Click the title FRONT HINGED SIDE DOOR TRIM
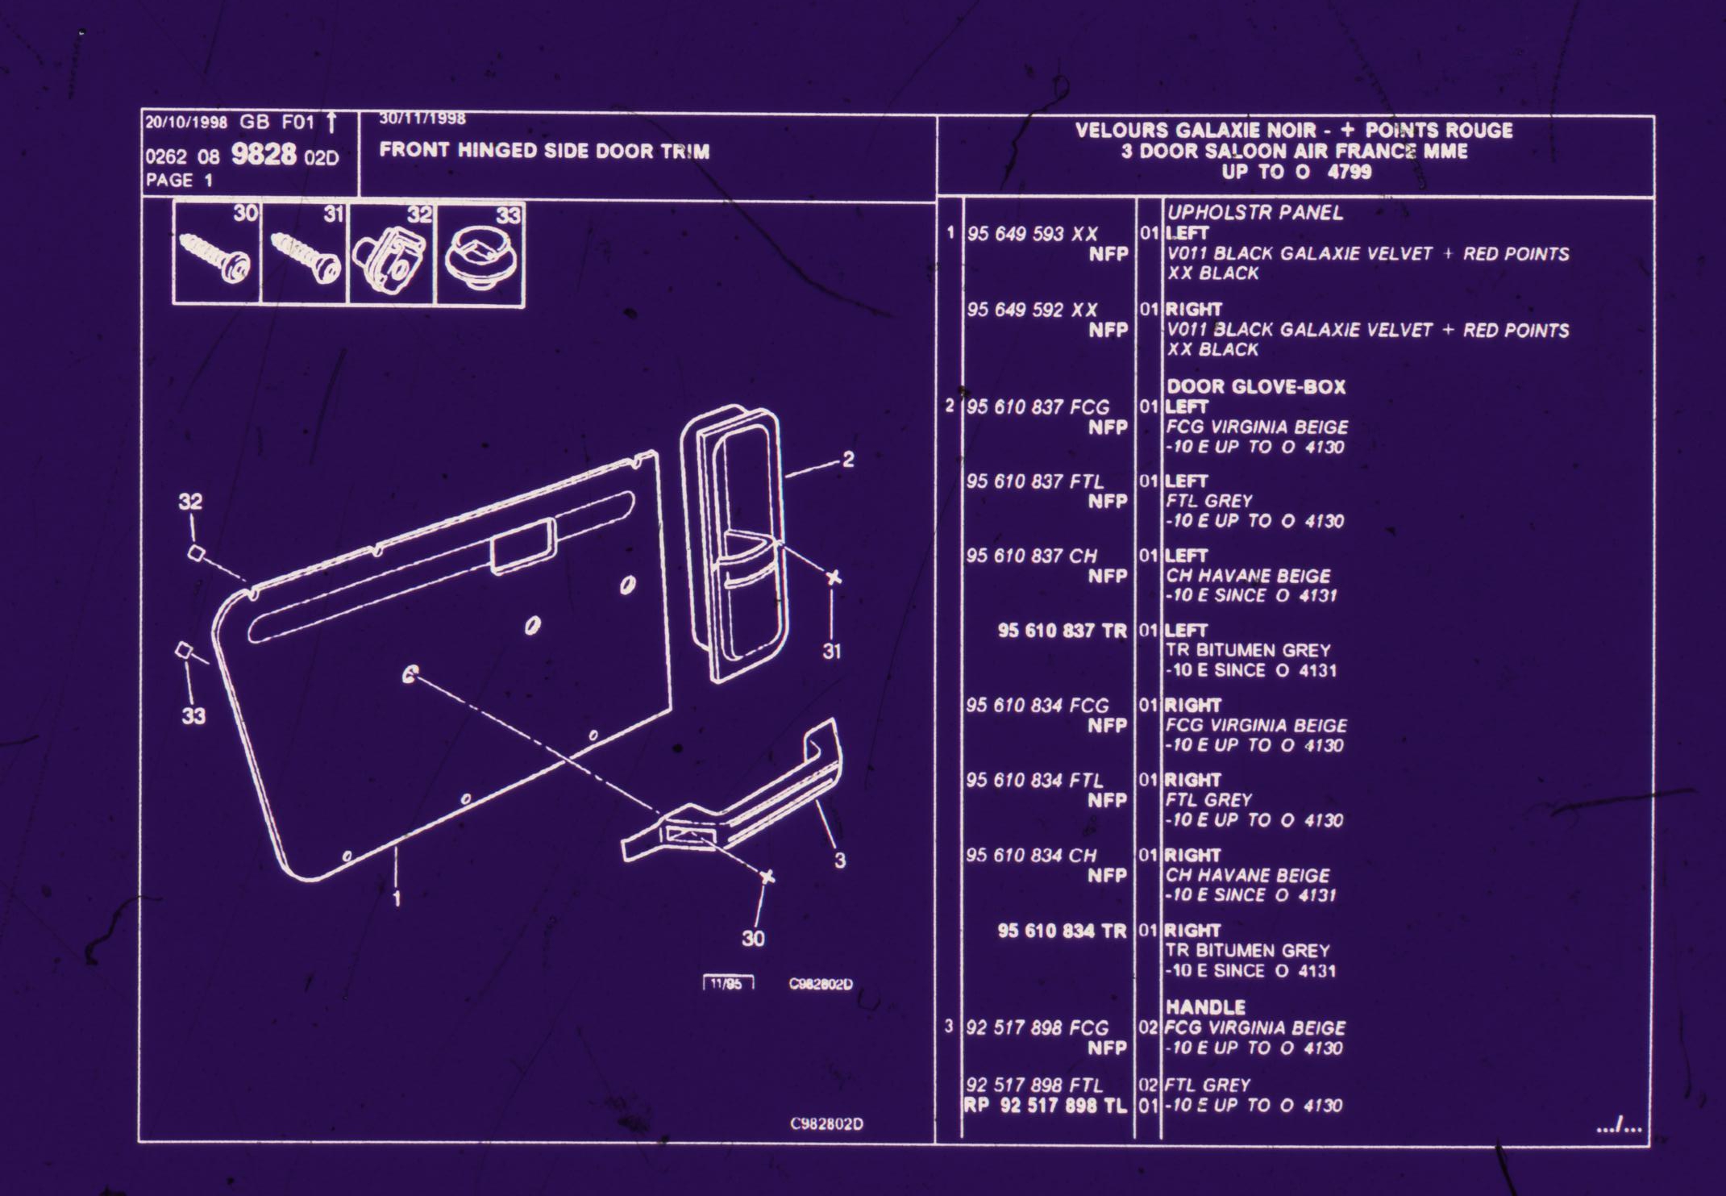[544, 151]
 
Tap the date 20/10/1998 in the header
[186, 123]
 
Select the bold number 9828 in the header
[264, 154]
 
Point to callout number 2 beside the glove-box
[847, 460]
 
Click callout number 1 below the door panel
[396, 898]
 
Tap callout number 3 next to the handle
[839, 861]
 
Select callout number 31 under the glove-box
[832, 651]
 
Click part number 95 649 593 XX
[1032, 234]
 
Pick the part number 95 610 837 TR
[1062, 631]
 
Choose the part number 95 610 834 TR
[1062, 931]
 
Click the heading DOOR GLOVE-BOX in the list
[1256, 387]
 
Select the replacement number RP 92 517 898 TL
[1046, 1106]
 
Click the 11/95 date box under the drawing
[728, 984]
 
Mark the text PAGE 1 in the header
[179, 181]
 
